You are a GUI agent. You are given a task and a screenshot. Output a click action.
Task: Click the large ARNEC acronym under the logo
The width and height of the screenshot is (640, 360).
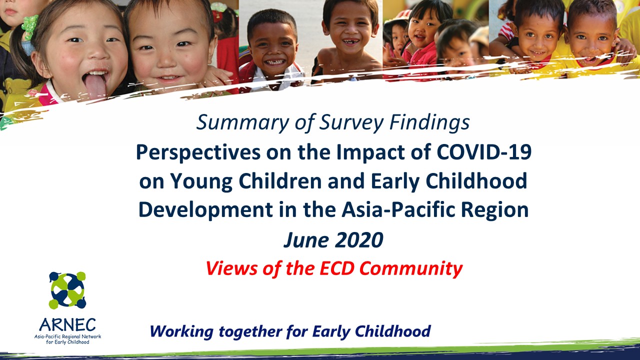point(67,325)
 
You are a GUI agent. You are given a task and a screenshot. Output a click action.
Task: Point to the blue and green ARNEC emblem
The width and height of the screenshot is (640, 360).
point(67,290)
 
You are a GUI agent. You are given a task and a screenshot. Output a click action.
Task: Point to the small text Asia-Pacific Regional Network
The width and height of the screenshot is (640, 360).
point(67,337)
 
